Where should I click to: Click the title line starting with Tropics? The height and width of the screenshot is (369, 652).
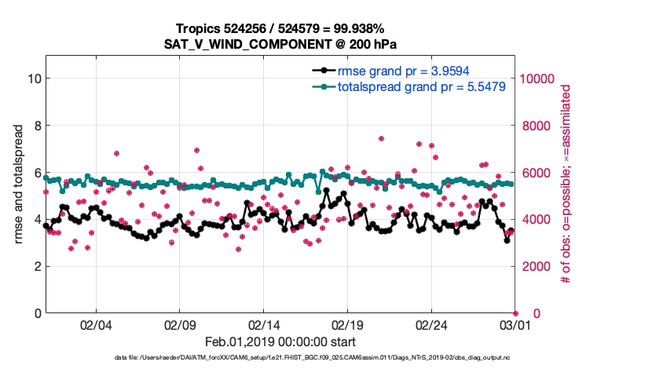(279, 28)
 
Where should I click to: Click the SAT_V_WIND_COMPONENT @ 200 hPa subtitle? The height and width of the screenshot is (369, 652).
(279, 44)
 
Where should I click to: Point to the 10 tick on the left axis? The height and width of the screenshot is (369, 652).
(34, 79)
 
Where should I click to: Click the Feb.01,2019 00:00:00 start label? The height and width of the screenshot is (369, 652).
(280, 342)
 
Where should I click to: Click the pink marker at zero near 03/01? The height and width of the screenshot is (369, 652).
(515, 313)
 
